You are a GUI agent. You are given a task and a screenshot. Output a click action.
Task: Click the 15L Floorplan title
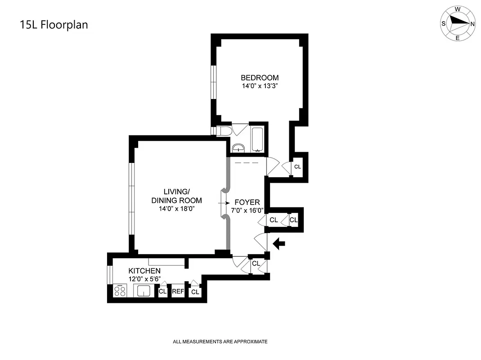(x=54, y=25)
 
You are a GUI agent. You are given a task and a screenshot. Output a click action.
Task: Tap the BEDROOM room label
(x=259, y=77)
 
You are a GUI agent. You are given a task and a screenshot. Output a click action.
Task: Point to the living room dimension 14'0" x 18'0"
(x=176, y=208)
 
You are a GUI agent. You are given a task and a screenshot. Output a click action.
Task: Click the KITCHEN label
(x=144, y=271)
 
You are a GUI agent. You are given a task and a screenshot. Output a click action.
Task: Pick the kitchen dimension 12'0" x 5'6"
(x=144, y=279)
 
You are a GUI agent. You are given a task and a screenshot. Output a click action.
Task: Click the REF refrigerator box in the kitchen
(x=178, y=292)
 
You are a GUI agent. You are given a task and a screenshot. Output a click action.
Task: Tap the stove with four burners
(x=120, y=291)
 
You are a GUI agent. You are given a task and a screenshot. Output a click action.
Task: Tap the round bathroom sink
(x=238, y=148)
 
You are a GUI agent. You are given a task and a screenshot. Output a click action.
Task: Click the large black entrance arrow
(x=279, y=244)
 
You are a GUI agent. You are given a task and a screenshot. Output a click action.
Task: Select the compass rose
(x=458, y=23)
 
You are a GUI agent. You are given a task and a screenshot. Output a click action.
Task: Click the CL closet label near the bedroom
(x=297, y=166)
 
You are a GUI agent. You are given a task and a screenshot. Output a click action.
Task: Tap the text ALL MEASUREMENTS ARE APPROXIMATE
(x=220, y=342)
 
